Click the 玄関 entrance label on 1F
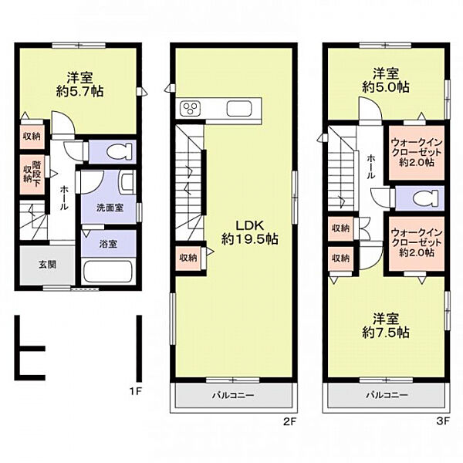[x=47, y=264]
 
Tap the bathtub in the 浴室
[x=107, y=272]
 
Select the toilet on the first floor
[x=119, y=152]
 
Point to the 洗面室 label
[x=110, y=208]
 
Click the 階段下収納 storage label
[x=32, y=174]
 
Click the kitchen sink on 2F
[x=239, y=108]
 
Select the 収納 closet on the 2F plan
[x=188, y=258]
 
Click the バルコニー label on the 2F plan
[x=233, y=395]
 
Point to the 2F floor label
[x=289, y=421]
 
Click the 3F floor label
[x=443, y=421]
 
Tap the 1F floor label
[x=136, y=391]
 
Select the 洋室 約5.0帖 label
[x=386, y=80]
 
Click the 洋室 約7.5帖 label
[x=386, y=326]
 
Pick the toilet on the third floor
[x=426, y=198]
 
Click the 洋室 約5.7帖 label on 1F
[x=79, y=84]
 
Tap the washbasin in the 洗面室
[x=127, y=183]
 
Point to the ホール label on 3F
[x=371, y=167]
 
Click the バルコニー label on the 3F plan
[x=387, y=395]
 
